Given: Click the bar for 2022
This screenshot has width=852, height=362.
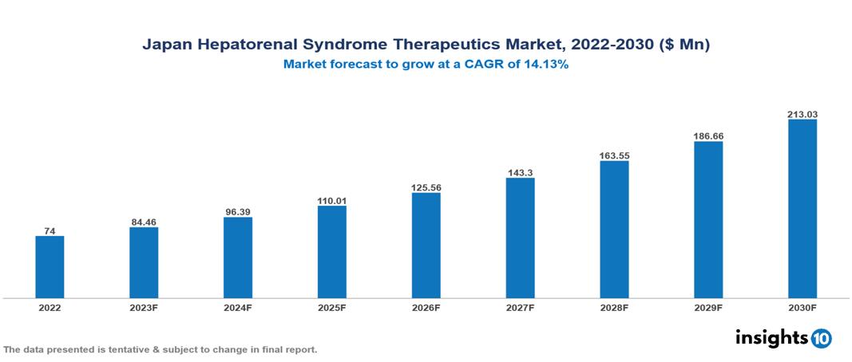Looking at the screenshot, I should (x=50, y=267).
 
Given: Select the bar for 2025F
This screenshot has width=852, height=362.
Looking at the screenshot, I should (x=331, y=252).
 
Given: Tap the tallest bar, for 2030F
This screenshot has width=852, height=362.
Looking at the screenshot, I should (x=802, y=209).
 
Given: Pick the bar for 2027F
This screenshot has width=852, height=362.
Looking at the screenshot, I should (x=520, y=238).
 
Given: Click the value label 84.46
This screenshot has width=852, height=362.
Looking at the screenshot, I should (x=144, y=221).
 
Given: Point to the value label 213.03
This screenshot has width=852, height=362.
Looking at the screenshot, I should (x=802, y=114).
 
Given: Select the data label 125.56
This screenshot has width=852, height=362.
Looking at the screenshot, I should (x=426, y=187).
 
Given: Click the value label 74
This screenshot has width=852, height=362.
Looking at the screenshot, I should (x=50, y=230).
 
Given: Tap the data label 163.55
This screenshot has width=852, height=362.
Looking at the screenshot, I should (x=614, y=155).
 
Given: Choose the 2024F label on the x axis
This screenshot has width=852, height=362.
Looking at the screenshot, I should (x=238, y=307).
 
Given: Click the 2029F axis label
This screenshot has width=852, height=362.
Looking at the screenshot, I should (x=708, y=307).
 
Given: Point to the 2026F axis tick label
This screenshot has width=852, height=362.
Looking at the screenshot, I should (x=426, y=307).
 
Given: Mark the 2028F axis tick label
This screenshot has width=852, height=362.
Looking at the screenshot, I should (x=614, y=307).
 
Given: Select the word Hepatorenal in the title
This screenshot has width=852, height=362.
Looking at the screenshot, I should (x=244, y=45).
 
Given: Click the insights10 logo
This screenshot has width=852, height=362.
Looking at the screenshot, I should (x=783, y=337).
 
